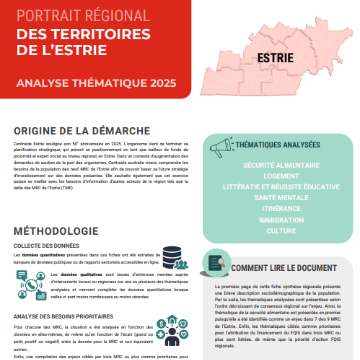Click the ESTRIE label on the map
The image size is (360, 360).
click(x=275, y=58)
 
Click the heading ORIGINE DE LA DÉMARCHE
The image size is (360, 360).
click(x=82, y=130)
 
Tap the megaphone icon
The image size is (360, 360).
click(x=221, y=147)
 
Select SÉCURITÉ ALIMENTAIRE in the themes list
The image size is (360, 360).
click(x=281, y=165)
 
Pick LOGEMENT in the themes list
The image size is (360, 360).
click(x=281, y=176)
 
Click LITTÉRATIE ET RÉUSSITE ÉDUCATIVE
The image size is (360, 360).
click(x=281, y=187)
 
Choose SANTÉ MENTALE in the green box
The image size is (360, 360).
click(x=281, y=198)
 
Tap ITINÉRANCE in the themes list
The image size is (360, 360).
click(x=281, y=209)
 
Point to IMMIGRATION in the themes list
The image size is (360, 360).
click(x=281, y=220)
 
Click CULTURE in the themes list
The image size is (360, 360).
click(x=281, y=231)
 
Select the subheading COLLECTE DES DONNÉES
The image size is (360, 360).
click(x=46, y=246)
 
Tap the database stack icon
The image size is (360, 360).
click(x=174, y=257)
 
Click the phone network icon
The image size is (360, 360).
click(x=32, y=285)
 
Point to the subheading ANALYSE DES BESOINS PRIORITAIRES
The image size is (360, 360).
click(x=63, y=316)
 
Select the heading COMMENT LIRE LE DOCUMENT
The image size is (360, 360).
click(x=284, y=268)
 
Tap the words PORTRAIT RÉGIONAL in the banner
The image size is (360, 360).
click(x=83, y=16)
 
